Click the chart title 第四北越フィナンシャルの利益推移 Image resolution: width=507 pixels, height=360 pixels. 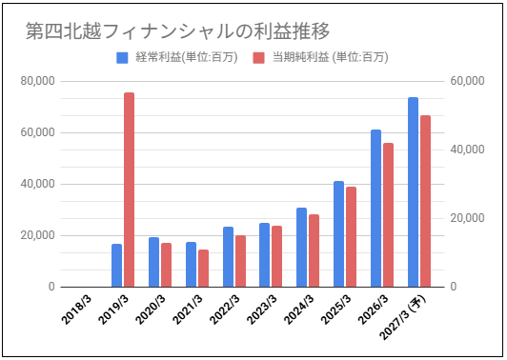coord(177,31)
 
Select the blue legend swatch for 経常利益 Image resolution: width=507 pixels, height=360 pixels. coord(122,58)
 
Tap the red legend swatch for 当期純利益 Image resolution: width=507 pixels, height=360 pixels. coord(258,58)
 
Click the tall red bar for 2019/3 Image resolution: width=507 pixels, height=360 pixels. coord(129,190)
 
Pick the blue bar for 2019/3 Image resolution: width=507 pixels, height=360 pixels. coord(116,266)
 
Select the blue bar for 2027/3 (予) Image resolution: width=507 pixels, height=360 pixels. coord(413,192)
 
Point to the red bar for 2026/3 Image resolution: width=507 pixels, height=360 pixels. coord(388,215)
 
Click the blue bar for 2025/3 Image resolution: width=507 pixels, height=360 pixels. coord(339,234)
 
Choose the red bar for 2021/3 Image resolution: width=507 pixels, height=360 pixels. coord(203,269)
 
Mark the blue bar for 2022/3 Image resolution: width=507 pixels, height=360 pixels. coord(228,257)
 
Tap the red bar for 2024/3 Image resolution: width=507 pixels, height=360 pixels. coord(314,250)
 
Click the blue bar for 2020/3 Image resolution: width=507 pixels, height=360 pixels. coord(154,262)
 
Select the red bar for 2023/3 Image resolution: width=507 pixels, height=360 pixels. coord(276,256)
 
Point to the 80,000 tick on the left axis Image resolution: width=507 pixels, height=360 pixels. coord(38,81)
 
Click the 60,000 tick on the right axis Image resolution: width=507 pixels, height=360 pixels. coord(468,81)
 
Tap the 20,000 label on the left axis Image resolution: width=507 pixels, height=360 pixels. coord(38,235)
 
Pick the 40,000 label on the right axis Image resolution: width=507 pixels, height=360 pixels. coord(468,150)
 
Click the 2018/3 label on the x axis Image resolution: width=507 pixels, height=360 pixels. coord(77,310)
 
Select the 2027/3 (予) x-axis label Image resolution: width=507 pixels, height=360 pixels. coord(403,317)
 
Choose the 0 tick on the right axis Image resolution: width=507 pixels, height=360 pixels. coord(454,287)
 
